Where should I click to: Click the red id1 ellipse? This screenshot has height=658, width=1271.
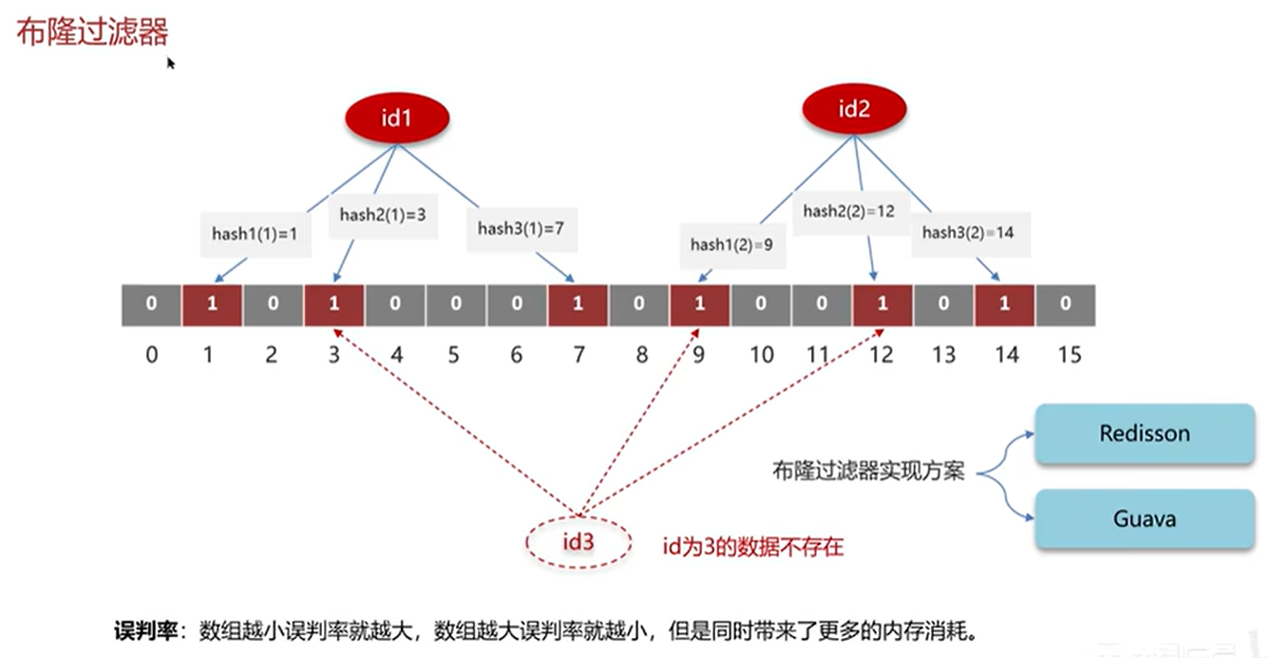[397, 119]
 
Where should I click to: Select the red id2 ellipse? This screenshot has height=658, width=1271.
[853, 109]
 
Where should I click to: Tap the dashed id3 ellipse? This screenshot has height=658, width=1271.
[578, 542]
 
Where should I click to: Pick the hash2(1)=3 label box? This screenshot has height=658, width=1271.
[382, 215]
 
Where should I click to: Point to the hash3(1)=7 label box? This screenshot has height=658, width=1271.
[521, 228]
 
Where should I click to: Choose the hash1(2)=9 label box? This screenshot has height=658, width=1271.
[730, 245]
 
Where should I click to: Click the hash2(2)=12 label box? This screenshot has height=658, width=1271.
[848, 212]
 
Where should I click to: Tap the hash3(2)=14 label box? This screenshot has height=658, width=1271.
[970, 233]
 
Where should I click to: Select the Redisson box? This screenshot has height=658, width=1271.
[1144, 434]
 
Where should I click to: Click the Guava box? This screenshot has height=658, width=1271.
[1144, 519]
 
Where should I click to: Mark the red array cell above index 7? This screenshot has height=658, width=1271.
[578, 304]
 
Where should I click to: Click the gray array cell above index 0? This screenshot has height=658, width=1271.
[152, 304]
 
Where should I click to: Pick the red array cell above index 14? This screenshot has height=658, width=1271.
[1004, 304]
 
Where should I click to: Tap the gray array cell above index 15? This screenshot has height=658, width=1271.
[1065, 304]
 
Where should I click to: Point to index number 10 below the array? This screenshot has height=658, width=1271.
[761, 355]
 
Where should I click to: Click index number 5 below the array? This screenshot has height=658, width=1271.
[454, 355]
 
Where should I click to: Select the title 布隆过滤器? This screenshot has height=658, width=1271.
[92, 32]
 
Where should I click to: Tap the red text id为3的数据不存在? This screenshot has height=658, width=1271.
[752, 547]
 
